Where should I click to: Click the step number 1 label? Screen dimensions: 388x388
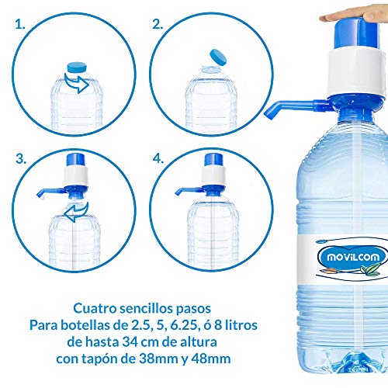(x=20, y=25)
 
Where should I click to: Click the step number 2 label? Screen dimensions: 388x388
(x=158, y=25)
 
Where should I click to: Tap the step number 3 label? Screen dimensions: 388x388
(x=21, y=158)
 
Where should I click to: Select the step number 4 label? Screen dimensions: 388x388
(x=158, y=158)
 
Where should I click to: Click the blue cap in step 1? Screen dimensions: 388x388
(x=77, y=67)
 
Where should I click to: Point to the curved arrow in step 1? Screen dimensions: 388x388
(x=78, y=83)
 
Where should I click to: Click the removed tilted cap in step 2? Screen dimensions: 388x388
(x=218, y=57)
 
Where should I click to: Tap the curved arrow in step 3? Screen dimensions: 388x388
(x=77, y=212)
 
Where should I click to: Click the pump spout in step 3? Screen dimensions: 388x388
(x=50, y=192)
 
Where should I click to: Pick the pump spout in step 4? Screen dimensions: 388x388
(x=189, y=192)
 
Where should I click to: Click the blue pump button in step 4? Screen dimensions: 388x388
(x=213, y=160)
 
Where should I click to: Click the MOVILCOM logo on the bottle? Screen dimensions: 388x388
(x=353, y=257)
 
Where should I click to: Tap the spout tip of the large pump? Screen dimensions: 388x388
(x=268, y=116)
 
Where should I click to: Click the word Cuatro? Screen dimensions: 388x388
(x=95, y=308)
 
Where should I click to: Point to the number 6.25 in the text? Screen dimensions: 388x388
(x=185, y=325)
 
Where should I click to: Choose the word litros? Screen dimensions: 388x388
(x=241, y=325)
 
